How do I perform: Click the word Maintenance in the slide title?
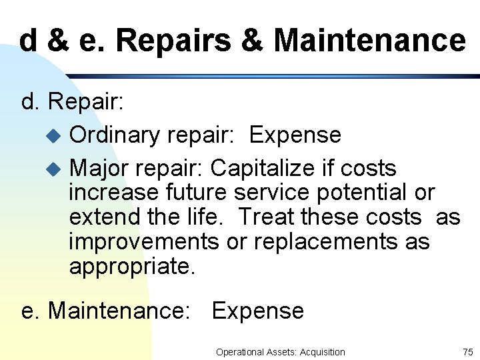click(x=369, y=41)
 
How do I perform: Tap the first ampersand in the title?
click(x=58, y=41)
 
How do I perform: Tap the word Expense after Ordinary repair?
click(x=295, y=135)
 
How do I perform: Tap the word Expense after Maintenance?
click(x=257, y=311)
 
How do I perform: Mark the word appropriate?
click(x=132, y=266)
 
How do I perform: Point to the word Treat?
click(x=266, y=217)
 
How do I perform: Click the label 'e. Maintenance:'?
click(x=106, y=311)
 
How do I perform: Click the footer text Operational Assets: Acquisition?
click(x=280, y=352)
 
